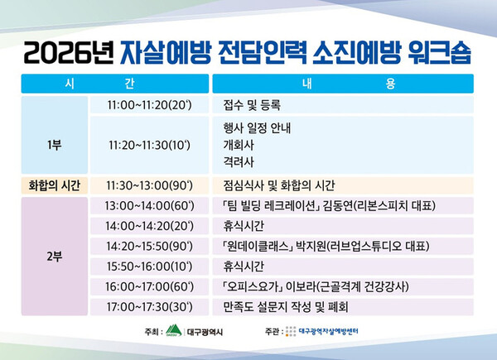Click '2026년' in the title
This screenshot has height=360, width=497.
(68, 53)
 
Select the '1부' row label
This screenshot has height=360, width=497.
(54, 145)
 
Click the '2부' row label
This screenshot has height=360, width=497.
(54, 257)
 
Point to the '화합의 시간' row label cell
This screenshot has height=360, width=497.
(54, 185)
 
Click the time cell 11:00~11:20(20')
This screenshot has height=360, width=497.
(149, 105)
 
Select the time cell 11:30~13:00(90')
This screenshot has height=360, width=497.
(149, 185)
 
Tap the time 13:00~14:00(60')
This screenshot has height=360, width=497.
(149, 206)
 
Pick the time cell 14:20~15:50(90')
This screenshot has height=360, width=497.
(149, 246)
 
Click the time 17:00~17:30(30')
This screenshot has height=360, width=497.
(149, 307)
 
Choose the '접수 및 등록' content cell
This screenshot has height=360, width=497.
(343, 105)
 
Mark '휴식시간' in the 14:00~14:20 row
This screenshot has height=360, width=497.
(244, 226)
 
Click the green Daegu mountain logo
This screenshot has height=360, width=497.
(174, 330)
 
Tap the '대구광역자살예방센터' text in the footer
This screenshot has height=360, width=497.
(328, 332)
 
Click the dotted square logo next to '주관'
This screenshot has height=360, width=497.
(291, 331)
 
